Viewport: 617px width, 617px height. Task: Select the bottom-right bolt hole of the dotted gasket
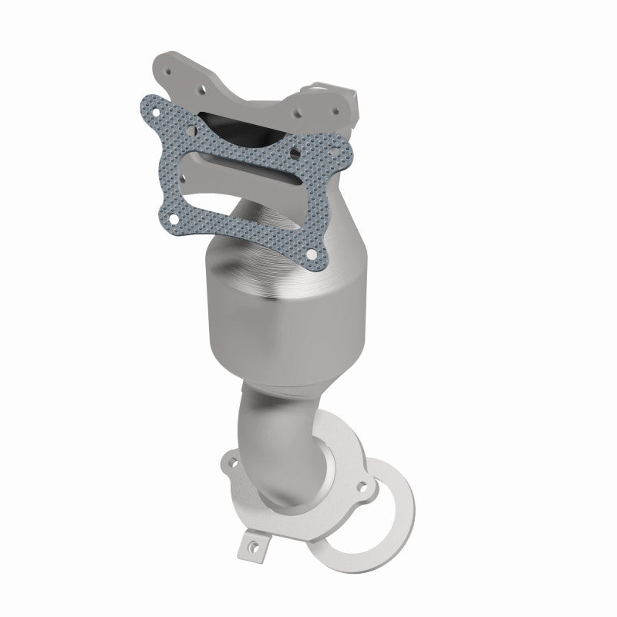(x=310, y=252)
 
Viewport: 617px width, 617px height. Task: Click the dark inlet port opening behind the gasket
(x=231, y=123)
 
